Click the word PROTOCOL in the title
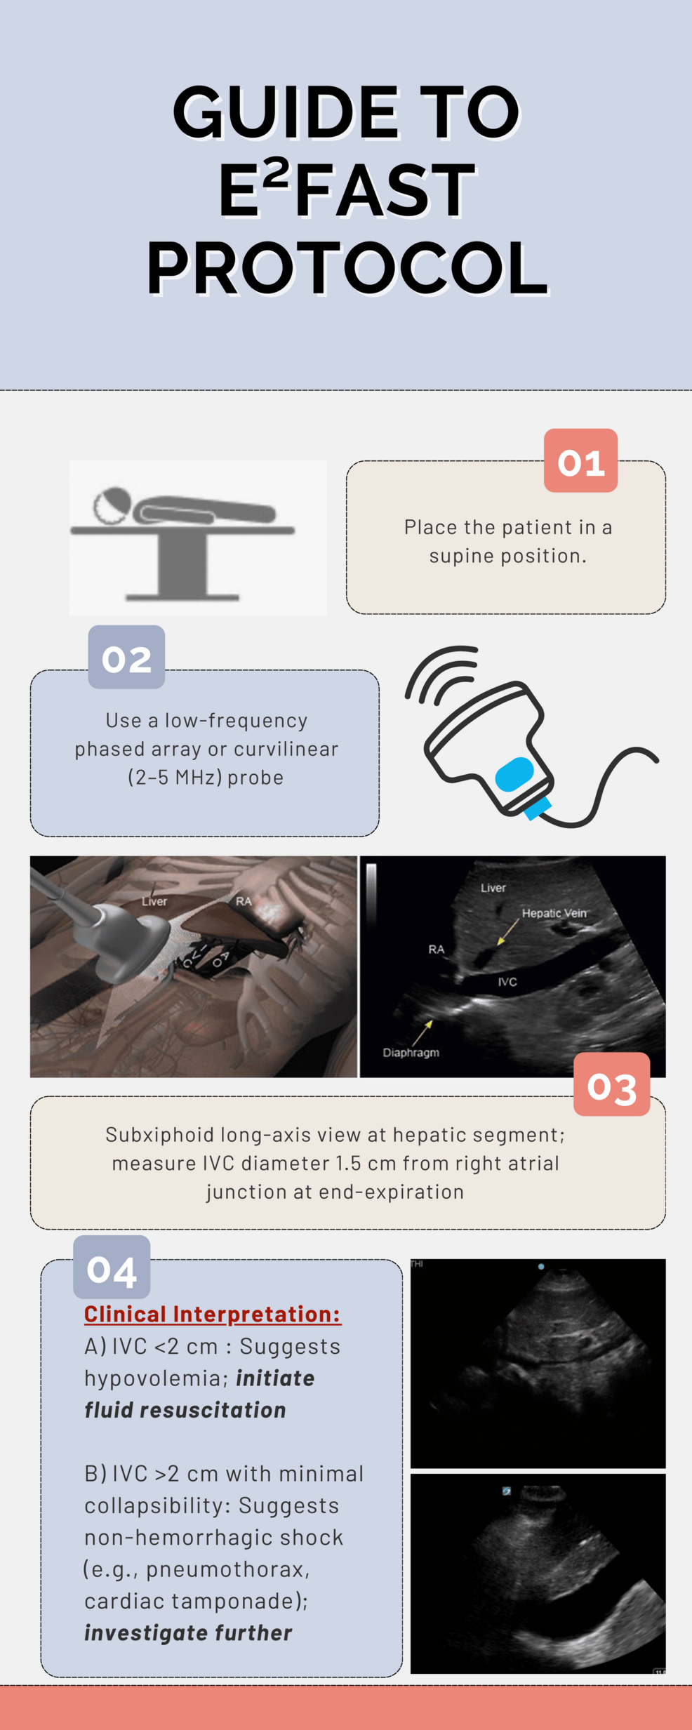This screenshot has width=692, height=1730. (x=347, y=268)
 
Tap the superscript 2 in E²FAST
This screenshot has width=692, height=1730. (x=278, y=174)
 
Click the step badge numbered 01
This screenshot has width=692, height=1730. (x=580, y=460)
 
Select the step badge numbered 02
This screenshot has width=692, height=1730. (x=126, y=657)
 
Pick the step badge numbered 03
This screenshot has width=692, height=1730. (x=611, y=1084)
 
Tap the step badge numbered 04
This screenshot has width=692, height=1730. (x=112, y=1267)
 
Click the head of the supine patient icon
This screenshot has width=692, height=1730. (x=112, y=505)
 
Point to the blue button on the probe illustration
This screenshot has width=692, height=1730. (x=514, y=773)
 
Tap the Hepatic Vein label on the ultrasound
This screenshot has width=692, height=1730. (x=554, y=913)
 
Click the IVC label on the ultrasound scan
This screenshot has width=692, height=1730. (x=507, y=982)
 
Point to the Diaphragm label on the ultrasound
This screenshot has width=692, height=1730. (x=411, y=1053)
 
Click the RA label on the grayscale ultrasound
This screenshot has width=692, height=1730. (x=437, y=950)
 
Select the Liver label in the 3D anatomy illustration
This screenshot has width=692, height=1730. (x=154, y=901)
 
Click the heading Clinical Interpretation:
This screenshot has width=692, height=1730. (x=213, y=1314)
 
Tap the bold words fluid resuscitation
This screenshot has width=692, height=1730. (x=185, y=1409)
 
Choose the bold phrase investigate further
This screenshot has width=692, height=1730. (x=188, y=1632)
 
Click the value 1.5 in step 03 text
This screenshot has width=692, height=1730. (x=348, y=1163)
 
